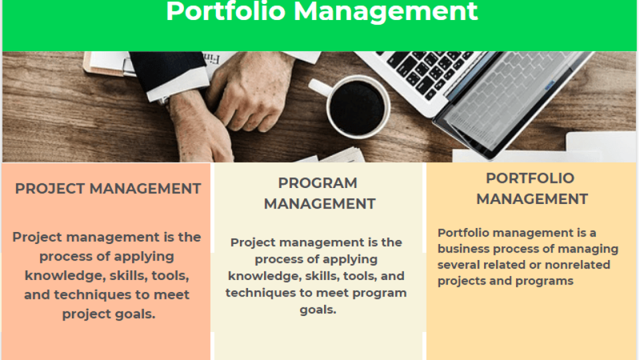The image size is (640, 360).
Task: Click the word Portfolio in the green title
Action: click(225, 11)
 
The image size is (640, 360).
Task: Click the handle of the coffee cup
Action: click(320, 87)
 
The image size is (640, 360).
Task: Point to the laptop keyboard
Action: click(428, 72)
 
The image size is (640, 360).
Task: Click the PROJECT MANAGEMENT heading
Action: click(108, 189)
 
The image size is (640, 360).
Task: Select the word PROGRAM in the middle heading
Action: click(317, 183)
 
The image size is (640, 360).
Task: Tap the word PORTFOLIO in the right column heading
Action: click(530, 178)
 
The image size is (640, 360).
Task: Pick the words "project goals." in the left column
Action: click(109, 314)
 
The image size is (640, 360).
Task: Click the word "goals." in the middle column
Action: click(318, 310)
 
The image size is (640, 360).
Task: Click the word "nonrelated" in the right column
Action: click(577, 265)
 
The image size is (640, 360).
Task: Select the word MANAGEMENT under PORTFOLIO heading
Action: click(532, 199)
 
